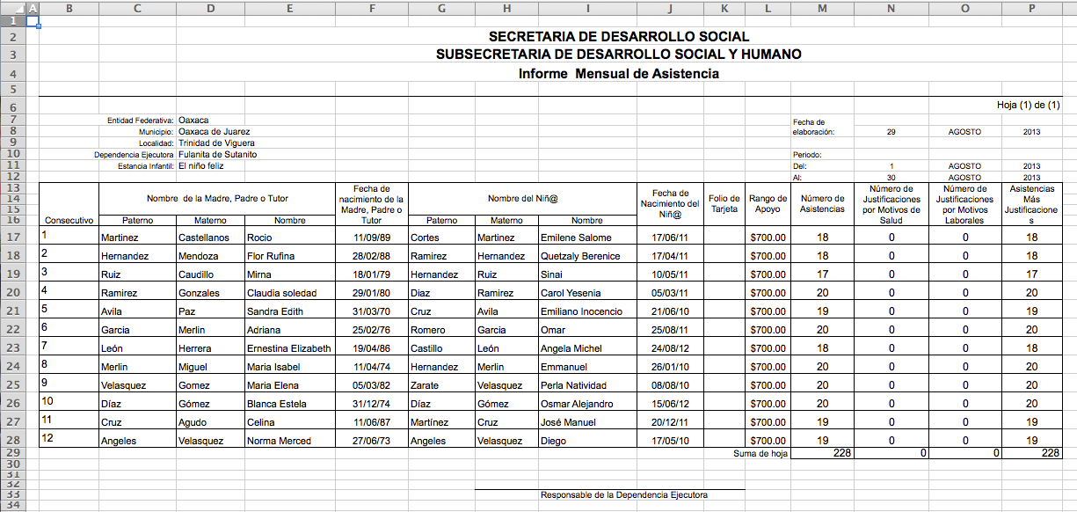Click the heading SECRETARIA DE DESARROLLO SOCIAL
tap(618, 37)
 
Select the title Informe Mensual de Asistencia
tap(618, 74)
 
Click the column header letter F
tap(373, 9)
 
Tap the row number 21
tap(12, 311)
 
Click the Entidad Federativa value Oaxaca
tap(193, 120)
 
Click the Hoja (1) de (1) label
tap(1035, 106)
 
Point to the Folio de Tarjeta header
tap(724, 204)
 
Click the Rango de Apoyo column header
tap(768, 204)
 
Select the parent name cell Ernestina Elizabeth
tap(289, 349)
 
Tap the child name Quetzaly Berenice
tap(580, 257)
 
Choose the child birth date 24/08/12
tap(670, 349)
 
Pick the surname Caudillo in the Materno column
tap(199, 275)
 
